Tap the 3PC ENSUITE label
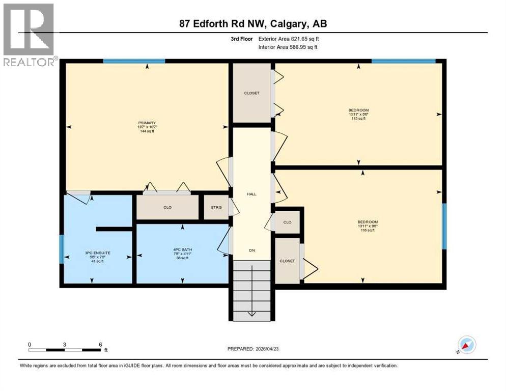coord(94,253)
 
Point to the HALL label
coord(251,194)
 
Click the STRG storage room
coord(216,207)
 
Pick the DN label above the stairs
coord(251,250)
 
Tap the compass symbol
coord(466,345)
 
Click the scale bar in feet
coord(65,349)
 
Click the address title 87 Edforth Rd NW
coord(253,24)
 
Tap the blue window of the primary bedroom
coord(134,62)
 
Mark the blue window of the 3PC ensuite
coord(62,249)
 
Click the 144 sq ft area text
coord(147,131)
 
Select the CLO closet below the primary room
coord(167,208)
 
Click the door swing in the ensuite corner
coord(80,195)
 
